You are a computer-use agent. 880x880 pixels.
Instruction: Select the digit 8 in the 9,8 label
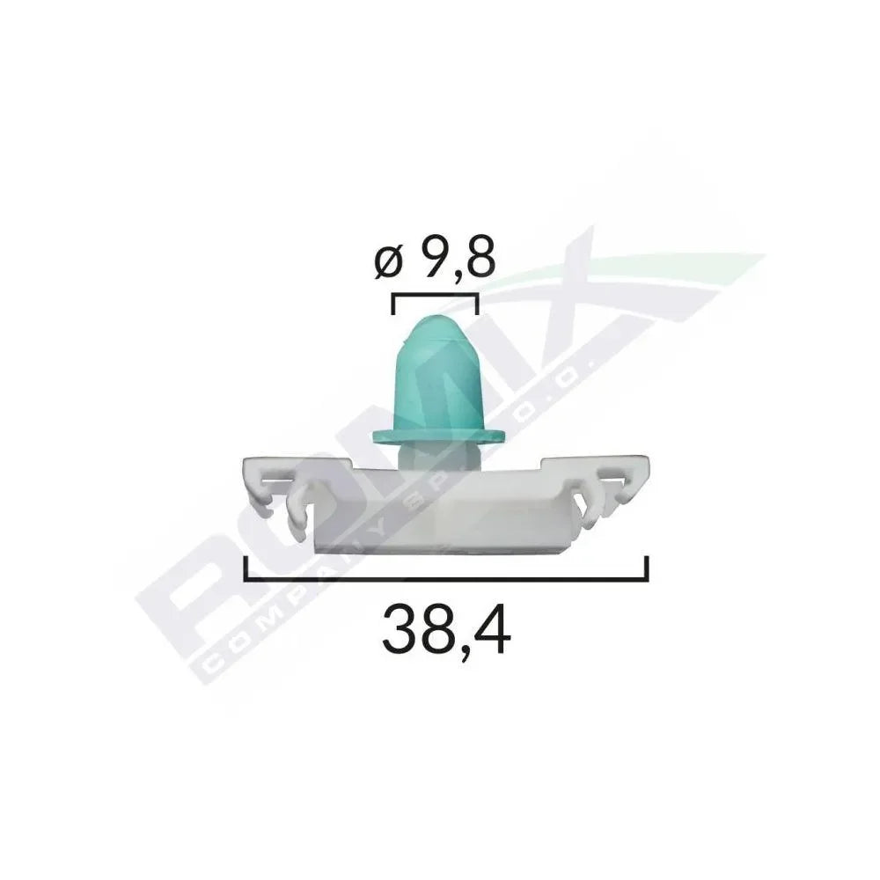(480, 259)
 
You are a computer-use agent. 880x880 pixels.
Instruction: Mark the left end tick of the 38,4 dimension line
(246, 568)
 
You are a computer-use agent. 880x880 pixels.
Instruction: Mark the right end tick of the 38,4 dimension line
(647, 568)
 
